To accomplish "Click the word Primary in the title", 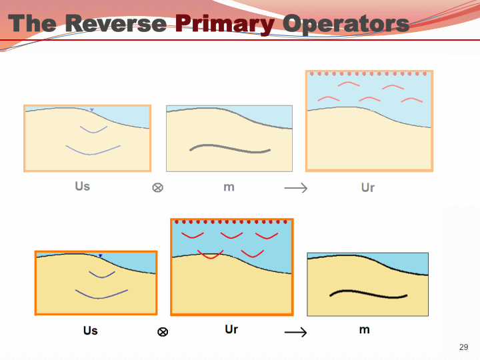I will coord(224,24).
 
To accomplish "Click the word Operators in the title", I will coord(345,24).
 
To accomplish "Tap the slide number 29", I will coord(464,347).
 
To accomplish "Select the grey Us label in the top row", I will coord(83,186).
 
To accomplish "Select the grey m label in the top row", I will coord(229,187).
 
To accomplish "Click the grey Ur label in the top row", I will coord(368,187).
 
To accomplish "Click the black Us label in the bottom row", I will coord(91,330).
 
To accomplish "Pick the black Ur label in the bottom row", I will coord(231,329).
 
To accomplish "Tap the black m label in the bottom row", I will coord(364,329).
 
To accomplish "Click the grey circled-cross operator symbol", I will coord(158,188).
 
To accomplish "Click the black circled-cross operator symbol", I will coord(163,331).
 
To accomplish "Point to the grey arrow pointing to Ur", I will coord(295,189).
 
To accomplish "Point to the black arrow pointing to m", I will coord(295,332).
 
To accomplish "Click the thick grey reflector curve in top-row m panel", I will coord(230,148).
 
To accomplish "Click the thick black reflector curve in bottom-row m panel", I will coord(368,294).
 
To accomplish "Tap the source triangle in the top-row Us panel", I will coord(92,110).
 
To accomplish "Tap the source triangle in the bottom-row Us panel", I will coord(100,256).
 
